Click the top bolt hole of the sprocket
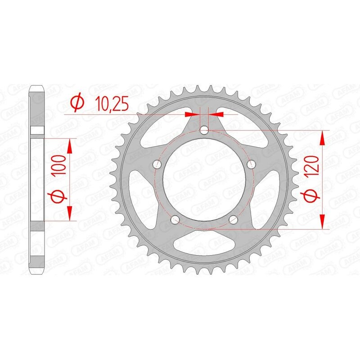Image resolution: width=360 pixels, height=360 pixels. pos(204,130)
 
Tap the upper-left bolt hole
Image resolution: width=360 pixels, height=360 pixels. pos(157,164)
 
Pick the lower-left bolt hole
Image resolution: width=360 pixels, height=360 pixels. pos(175,220)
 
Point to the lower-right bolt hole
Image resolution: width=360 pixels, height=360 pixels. pos(233,220)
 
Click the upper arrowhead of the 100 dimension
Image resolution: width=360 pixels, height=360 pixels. pos(70,145)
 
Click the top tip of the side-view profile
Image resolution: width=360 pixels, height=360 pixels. pos(37,85)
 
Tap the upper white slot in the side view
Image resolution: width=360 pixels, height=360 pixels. pos(37,130)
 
